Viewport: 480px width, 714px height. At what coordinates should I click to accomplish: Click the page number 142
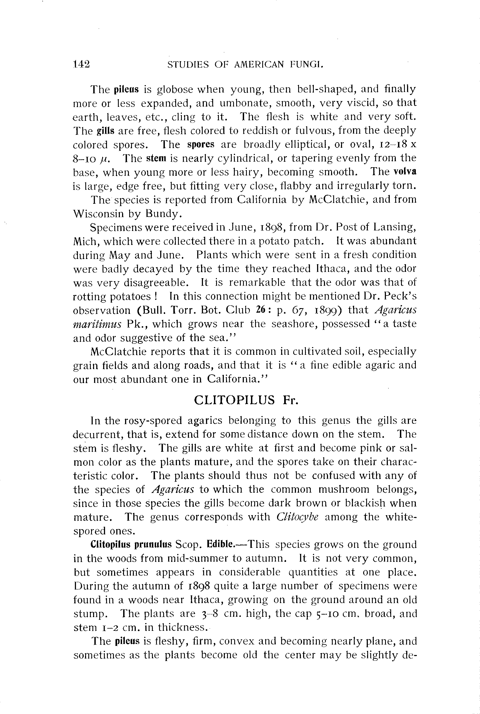point(81,64)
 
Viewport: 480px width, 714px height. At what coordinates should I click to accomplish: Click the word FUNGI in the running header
point(307,64)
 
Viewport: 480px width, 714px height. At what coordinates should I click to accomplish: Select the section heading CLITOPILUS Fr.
point(246,400)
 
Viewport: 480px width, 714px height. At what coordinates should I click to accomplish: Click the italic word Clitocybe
point(297,517)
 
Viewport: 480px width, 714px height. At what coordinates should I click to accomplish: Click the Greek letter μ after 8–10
point(103,159)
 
